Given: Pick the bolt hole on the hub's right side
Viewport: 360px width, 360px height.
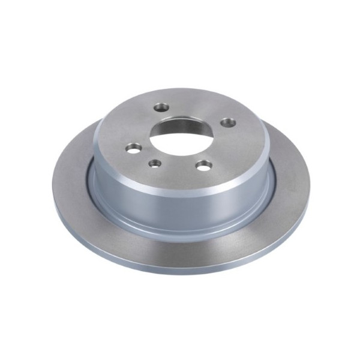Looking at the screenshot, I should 227,122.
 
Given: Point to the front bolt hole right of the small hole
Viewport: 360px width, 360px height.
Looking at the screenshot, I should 205,164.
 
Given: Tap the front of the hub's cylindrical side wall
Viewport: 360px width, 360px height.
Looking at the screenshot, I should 180,201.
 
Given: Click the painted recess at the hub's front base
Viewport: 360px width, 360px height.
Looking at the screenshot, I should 180,226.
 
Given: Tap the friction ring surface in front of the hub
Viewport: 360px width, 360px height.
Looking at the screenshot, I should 180,252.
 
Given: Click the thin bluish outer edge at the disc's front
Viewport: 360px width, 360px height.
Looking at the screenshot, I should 180,272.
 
